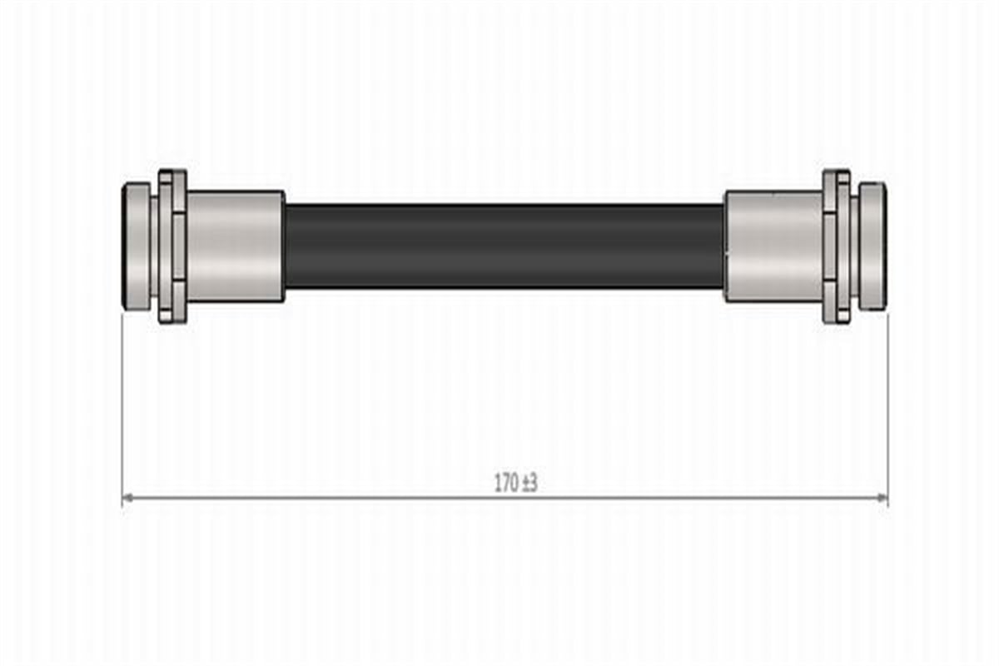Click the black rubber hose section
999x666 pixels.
point(504,246)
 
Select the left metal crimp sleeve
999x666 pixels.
point(236,246)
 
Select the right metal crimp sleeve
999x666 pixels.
point(773,246)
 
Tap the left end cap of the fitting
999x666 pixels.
point(136,246)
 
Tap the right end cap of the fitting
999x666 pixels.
point(872,246)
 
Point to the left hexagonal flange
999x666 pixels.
point(172,246)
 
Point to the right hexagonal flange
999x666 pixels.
point(837,246)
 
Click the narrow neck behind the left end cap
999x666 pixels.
point(154,246)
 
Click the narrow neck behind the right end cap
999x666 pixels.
point(854,246)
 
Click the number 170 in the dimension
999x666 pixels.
point(507,483)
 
